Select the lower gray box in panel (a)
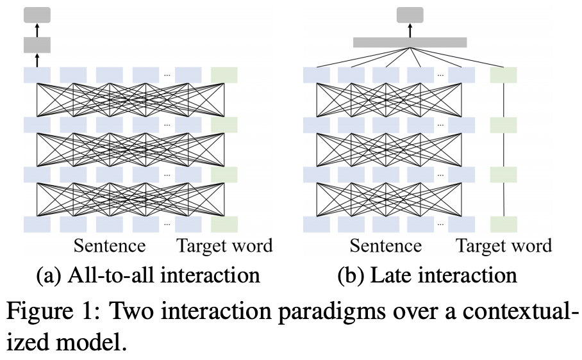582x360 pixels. pos(37,45)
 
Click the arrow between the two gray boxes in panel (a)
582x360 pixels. pos(37,29)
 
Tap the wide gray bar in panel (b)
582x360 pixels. pos(410,42)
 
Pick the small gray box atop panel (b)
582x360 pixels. pos(410,14)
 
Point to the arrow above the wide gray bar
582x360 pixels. pos(410,29)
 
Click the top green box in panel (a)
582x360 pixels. pos(224,75)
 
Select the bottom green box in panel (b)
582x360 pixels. pos(503,224)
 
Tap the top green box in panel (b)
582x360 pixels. pos(503,75)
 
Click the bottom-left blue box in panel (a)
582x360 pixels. pos(37,224)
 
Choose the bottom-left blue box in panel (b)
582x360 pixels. pos(316,224)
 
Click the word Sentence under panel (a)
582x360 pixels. pos(110,246)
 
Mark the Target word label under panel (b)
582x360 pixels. pos(503,246)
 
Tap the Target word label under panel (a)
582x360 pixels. pos(224,246)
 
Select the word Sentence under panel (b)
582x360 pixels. pos(386,246)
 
